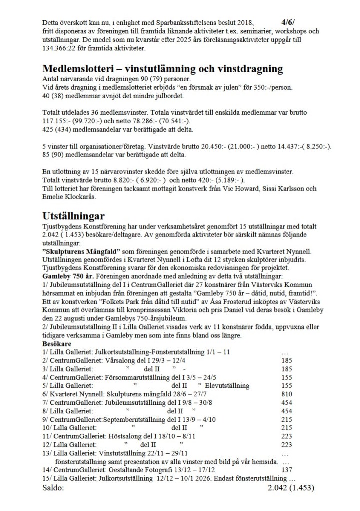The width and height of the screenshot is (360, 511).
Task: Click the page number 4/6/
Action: (x=288, y=22)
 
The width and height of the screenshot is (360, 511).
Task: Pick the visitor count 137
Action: (x=286, y=470)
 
